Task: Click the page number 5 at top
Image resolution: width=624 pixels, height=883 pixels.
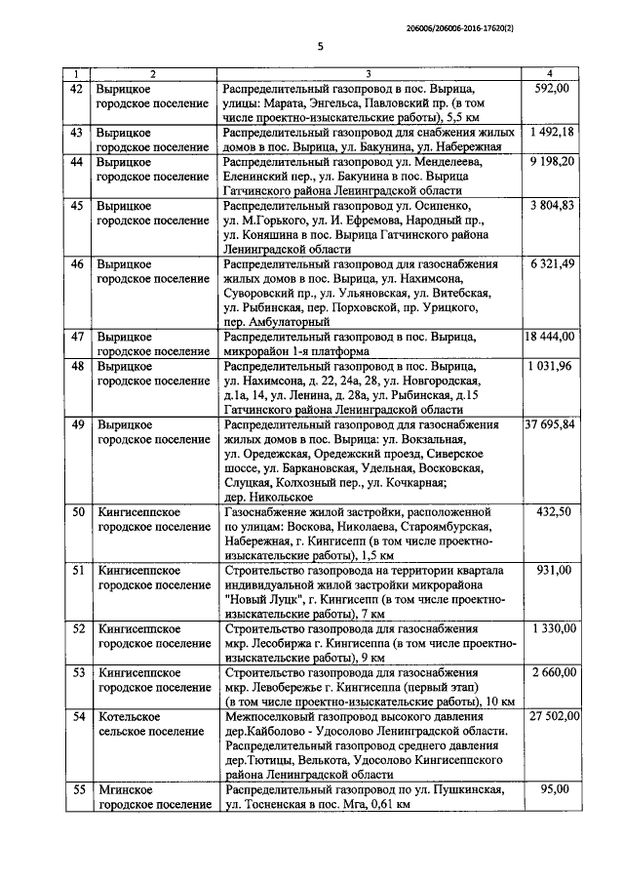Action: coord(319,46)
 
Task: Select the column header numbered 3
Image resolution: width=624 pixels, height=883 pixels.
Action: coord(368,74)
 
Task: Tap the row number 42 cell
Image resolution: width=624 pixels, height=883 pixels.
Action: coord(76,89)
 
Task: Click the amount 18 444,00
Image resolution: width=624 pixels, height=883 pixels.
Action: coord(551,336)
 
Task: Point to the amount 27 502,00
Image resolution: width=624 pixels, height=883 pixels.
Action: coord(551,716)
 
